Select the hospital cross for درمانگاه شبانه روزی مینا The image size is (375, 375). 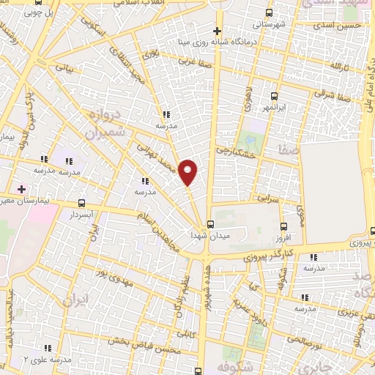click(217, 31)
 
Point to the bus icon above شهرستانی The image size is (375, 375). click(269, 12)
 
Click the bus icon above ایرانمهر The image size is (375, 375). click(274, 96)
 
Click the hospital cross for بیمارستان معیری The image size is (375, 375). click(21, 189)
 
